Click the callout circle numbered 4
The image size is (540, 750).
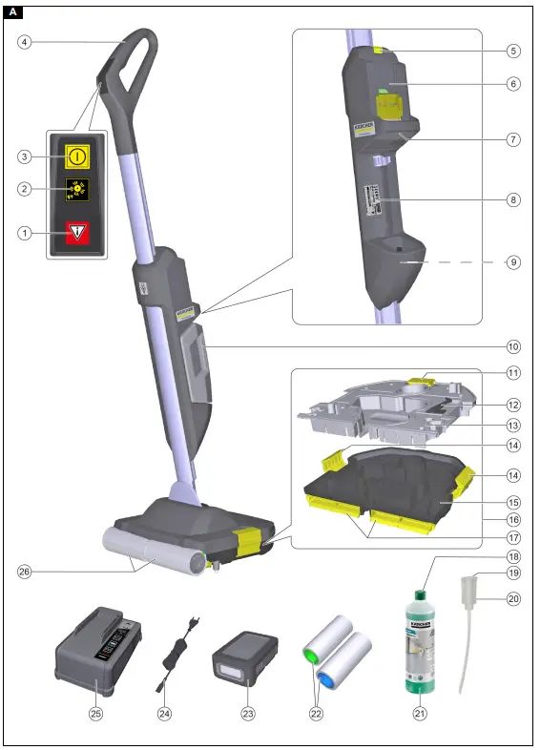(x=26, y=42)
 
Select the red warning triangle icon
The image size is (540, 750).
(x=76, y=231)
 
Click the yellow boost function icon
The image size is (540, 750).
(x=76, y=189)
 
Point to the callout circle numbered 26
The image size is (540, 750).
(x=26, y=572)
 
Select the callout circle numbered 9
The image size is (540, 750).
(x=513, y=261)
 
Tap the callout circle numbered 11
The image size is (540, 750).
(x=513, y=372)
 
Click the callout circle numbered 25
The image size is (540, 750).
(x=95, y=713)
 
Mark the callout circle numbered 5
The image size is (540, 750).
(x=513, y=50)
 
